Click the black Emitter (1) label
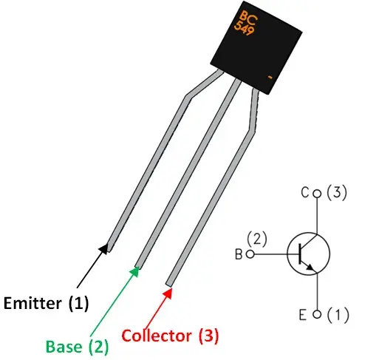[x=46, y=302]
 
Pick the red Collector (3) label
[x=170, y=336]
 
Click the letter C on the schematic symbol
[x=304, y=194]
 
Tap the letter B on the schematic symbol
[x=239, y=255]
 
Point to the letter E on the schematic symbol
[x=304, y=315]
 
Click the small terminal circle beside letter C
[x=318, y=194]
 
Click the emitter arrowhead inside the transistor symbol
[x=313, y=269]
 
